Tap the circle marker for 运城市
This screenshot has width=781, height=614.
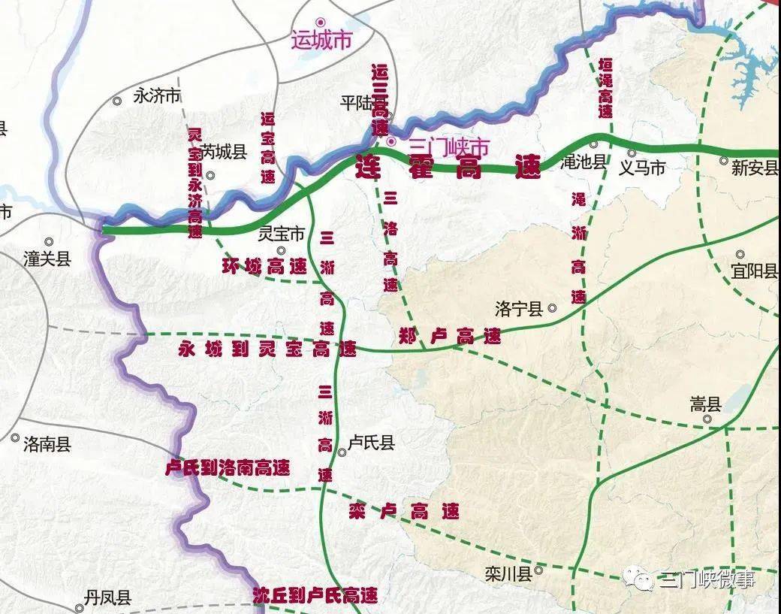coord(321,23)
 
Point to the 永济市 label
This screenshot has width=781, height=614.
coord(157,96)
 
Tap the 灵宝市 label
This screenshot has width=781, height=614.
coord(281,234)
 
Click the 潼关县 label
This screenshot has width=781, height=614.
coord(47,259)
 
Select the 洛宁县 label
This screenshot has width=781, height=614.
coord(518,309)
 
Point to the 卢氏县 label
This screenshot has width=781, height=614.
coord(371,443)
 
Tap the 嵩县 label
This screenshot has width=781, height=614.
coord(705,405)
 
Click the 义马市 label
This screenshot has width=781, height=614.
coord(641,168)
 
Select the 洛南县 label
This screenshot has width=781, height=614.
coord(47,444)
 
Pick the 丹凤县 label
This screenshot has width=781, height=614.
coord(107,598)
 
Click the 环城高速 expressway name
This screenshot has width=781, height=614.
coord(264,266)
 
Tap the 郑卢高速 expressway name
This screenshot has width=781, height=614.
coord(450,337)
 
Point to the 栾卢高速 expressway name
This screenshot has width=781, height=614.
coord(404,513)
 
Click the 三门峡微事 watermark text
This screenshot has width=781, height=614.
coord(706,579)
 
